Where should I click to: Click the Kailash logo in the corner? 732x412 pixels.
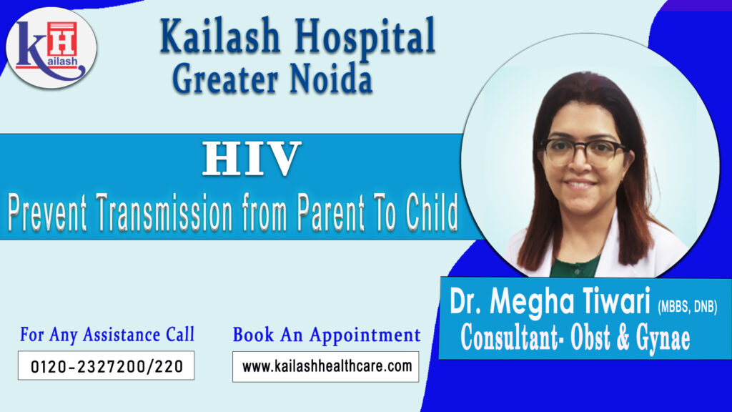pos(51,48)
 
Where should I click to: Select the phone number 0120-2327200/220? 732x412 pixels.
pos(106,367)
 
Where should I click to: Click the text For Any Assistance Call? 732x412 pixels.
pos(107,334)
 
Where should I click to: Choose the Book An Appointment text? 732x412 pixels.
pos(327,334)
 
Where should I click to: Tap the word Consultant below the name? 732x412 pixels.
pos(510,337)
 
